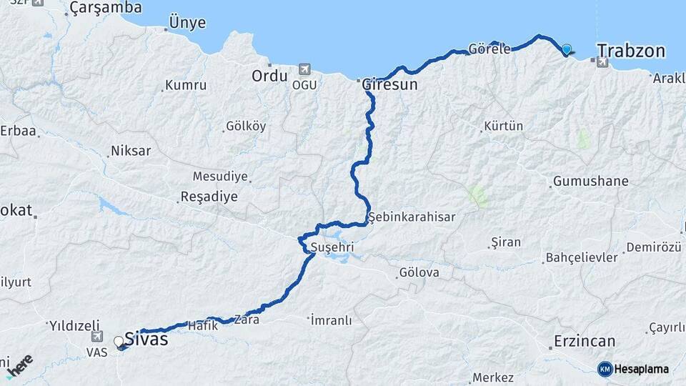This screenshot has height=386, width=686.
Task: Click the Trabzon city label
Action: (631, 51)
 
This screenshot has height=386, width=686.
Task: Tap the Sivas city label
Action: (146, 339)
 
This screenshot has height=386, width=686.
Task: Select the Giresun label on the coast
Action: (389, 84)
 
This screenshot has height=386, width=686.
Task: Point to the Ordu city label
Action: (269, 76)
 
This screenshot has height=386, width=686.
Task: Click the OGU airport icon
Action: (305, 69)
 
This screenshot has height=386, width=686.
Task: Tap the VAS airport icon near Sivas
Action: (97, 336)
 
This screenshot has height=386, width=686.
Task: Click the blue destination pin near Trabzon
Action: (567, 49)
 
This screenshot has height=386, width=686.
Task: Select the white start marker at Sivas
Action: (119, 342)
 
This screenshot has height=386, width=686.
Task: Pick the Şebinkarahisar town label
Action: (412, 216)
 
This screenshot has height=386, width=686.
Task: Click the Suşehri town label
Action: (332, 247)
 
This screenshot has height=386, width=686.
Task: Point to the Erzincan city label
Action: (585, 341)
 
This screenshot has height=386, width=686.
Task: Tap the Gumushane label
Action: (590, 181)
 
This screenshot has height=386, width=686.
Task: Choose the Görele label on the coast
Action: (489, 49)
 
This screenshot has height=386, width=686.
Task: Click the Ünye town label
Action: (188, 23)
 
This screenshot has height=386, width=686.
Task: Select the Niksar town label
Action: (130, 152)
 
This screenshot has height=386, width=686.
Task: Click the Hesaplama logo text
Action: (641, 369)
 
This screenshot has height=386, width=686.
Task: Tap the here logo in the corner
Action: (19, 365)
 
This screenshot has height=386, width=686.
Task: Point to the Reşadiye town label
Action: (209, 197)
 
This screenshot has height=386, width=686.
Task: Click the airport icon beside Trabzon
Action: (602, 63)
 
